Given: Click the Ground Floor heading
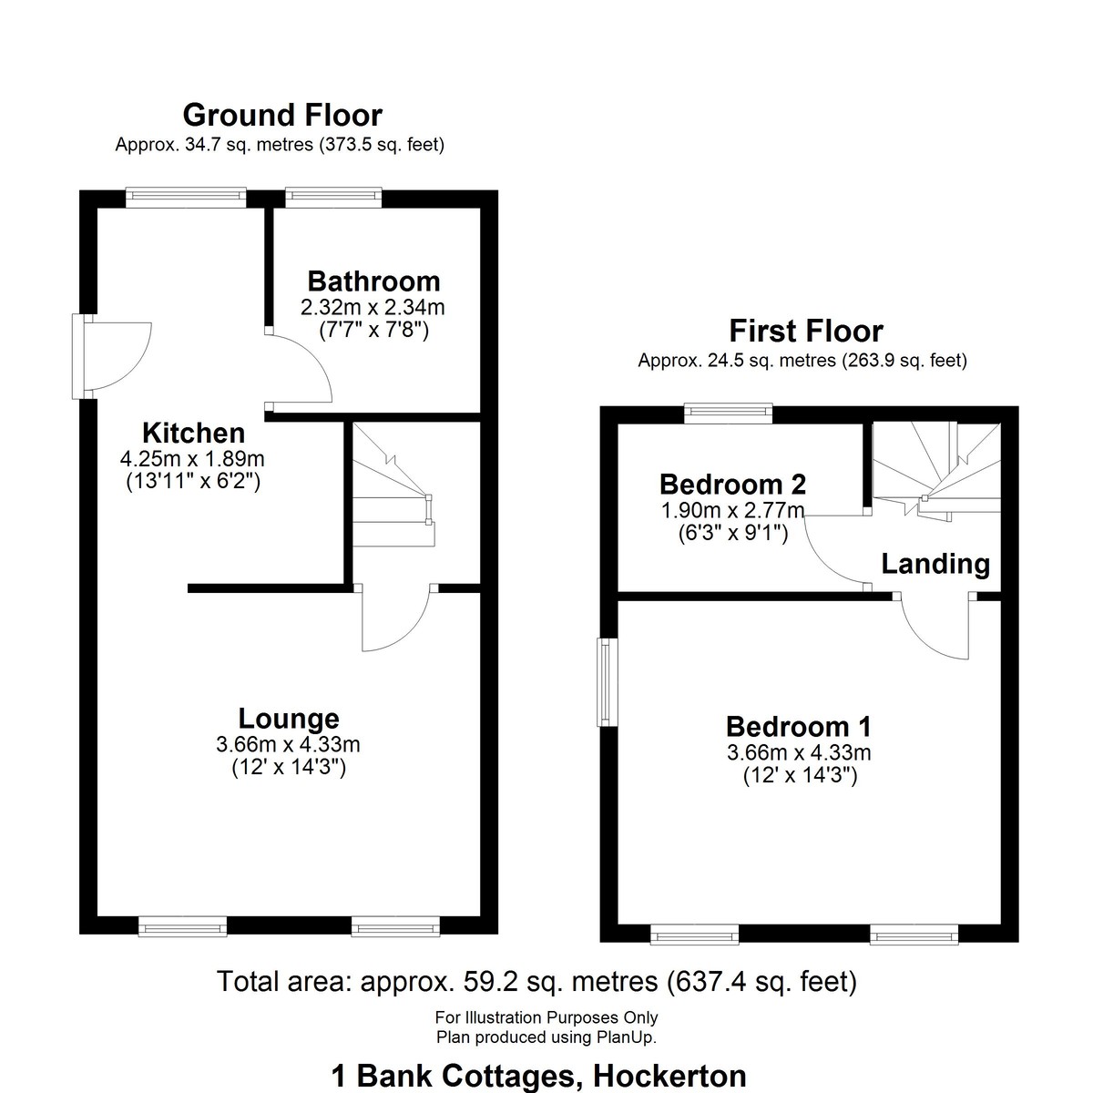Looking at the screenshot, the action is tap(281, 115).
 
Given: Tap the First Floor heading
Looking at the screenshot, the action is tap(805, 331).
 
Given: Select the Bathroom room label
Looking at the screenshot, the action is tap(373, 281).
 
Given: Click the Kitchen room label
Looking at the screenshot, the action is tap(193, 433).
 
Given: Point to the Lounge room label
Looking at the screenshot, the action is tap(289, 719).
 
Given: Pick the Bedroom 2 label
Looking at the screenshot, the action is tap(732, 485).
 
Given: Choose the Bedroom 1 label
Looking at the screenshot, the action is tap(799, 727).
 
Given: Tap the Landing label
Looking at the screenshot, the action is tap(935, 564).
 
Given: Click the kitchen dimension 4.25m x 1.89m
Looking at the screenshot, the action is tap(192, 458).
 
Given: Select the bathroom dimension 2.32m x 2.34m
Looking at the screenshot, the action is tap(373, 308).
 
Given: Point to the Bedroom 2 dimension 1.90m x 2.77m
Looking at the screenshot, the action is tap(733, 510).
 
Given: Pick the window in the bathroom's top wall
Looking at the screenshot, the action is tap(333, 196).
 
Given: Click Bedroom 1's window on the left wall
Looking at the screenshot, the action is tap(608, 682).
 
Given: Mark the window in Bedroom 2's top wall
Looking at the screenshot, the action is tap(729, 413).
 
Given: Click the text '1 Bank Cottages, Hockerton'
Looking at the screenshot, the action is tap(539, 1076).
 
